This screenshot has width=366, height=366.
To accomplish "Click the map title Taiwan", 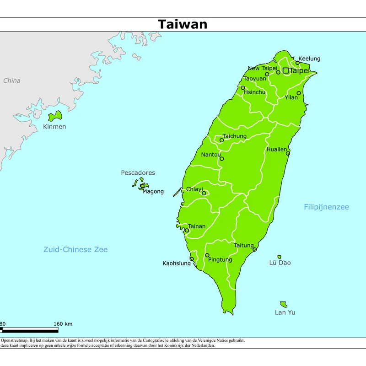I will pyautogui.click(x=183, y=24).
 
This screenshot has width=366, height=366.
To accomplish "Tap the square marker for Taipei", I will pyautogui.click(x=285, y=70).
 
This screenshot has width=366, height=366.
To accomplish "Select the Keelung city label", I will pyautogui.click(x=309, y=59).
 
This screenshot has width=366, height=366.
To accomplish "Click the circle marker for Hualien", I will pyautogui.click(x=288, y=153).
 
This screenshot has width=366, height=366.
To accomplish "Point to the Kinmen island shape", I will pyautogui.click(x=54, y=116).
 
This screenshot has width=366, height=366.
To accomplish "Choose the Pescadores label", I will pyautogui.click(x=138, y=173).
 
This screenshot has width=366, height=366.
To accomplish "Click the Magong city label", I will pyautogui.click(x=153, y=192).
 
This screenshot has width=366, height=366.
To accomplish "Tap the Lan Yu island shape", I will pyautogui.click(x=284, y=304).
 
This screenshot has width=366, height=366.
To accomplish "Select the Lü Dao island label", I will pyautogui.click(x=280, y=263).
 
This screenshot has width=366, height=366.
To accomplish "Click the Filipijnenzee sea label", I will pyautogui.click(x=326, y=207).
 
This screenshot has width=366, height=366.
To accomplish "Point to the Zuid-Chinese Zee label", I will pyautogui.click(x=75, y=249).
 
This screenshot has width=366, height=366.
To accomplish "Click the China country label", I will pyautogui.click(x=12, y=81).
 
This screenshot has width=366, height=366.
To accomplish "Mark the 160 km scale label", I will pyautogui.click(x=63, y=324).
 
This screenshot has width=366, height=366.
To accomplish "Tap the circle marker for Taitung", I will pyautogui.click(x=255, y=250).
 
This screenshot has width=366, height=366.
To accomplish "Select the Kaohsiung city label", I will pyautogui.click(x=177, y=264).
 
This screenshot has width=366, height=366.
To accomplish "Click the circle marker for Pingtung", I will pyautogui.click(x=207, y=255).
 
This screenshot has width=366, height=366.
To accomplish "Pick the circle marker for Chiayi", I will pyautogui.click(x=204, y=193).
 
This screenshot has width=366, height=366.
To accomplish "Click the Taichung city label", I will pyautogui.click(x=234, y=136).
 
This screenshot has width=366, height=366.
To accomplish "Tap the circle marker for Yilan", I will pyautogui.click(x=299, y=93).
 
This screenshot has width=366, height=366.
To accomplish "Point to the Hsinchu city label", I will pyautogui.click(x=254, y=92).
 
